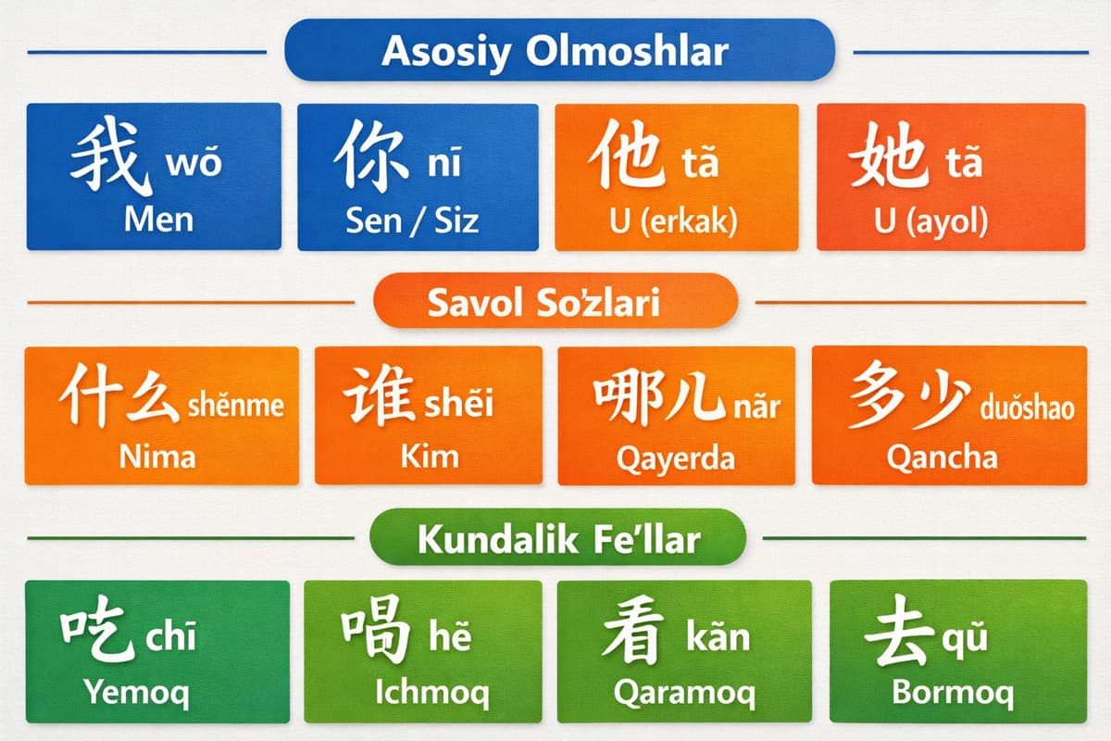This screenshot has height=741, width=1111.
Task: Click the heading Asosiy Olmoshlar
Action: coord(555,52)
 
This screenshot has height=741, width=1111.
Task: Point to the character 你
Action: coord(372,157)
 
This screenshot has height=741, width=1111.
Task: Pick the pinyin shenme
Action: coord(235,405)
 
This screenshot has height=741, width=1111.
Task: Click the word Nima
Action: coord(157,456)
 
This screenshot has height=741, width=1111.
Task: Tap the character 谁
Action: coord(379,398)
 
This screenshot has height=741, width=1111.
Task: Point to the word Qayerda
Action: coord(676,458)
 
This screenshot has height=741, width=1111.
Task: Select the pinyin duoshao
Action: coord(1027,407)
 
